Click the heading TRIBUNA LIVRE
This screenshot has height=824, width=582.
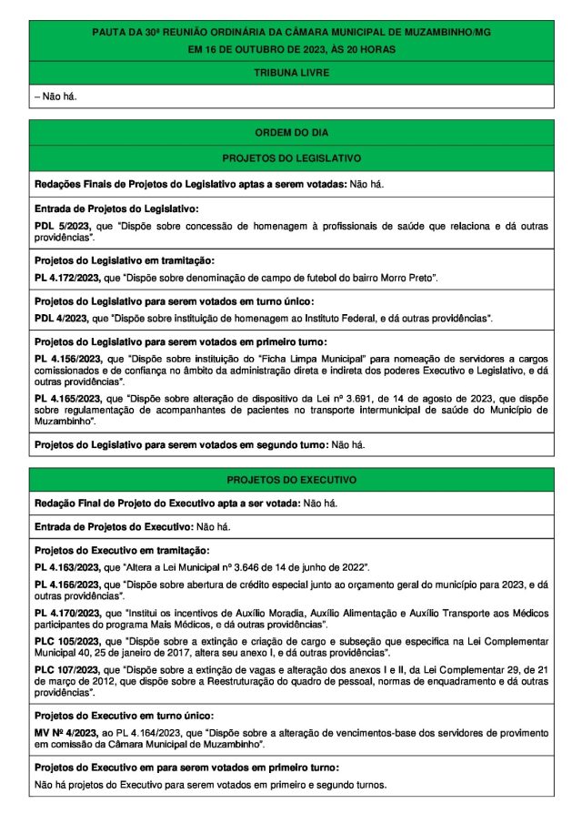(x=291, y=72)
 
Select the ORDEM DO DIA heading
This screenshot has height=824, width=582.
(x=291, y=133)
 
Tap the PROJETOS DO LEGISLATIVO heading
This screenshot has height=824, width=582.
(x=291, y=158)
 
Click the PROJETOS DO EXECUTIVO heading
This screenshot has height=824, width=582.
(x=291, y=479)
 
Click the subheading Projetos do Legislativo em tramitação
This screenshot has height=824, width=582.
(x=124, y=260)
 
